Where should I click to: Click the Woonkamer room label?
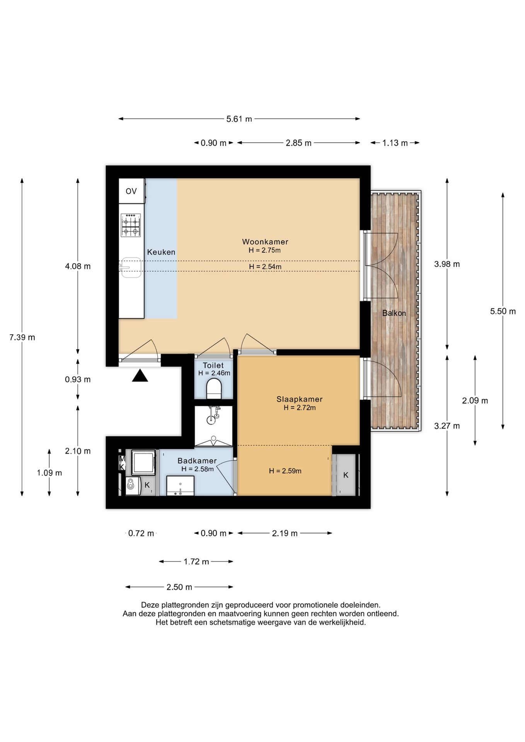265,242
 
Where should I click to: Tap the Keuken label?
161,252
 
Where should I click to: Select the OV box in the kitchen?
131,191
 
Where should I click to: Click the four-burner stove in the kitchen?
130,225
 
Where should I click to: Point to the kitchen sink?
130,267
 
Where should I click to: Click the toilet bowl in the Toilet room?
214,388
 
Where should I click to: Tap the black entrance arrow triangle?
140,376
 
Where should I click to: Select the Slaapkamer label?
299,399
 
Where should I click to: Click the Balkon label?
394,313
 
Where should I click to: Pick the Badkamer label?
197,461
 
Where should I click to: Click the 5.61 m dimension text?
239,119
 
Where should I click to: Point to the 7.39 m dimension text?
22,337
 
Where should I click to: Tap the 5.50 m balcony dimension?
503,311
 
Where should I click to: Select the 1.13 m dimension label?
395,143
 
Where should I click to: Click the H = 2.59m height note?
285,471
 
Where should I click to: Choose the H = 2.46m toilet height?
214,373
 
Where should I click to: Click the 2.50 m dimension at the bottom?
179,587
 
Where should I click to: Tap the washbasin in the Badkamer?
180,486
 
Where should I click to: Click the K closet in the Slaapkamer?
346,475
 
